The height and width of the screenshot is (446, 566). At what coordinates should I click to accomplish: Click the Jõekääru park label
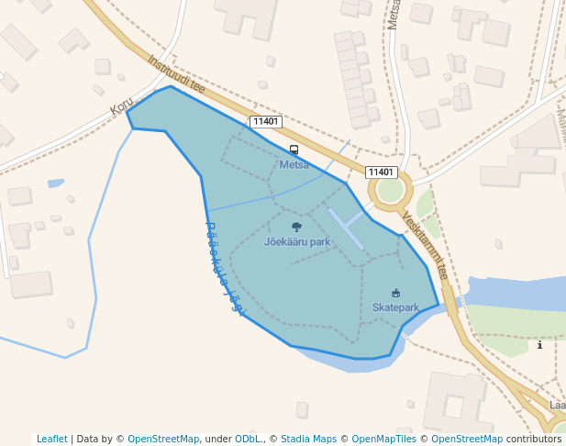click(297, 242)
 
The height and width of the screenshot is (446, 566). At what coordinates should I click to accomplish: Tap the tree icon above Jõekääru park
click(296, 227)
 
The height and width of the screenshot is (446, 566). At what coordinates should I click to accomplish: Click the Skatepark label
click(395, 307)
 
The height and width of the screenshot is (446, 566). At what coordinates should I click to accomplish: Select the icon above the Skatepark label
click(395, 293)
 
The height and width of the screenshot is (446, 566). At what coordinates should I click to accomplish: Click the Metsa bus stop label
click(294, 165)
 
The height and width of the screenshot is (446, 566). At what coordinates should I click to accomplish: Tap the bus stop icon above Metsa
click(294, 150)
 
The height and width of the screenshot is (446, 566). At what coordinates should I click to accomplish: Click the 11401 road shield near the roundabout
click(380, 173)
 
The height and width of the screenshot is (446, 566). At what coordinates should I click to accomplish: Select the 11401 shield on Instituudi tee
click(266, 122)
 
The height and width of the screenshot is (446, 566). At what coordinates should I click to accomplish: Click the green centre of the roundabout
click(390, 190)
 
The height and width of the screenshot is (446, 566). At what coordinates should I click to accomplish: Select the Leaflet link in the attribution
click(52, 439)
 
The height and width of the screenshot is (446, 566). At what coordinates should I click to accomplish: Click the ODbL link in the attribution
click(249, 439)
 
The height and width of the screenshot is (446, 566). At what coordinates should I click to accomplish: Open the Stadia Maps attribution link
click(308, 439)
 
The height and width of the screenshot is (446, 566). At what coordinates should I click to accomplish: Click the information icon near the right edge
click(539, 345)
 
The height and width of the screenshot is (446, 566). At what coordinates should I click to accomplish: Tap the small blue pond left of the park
click(56, 184)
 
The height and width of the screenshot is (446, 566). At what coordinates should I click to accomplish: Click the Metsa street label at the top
click(394, 15)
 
